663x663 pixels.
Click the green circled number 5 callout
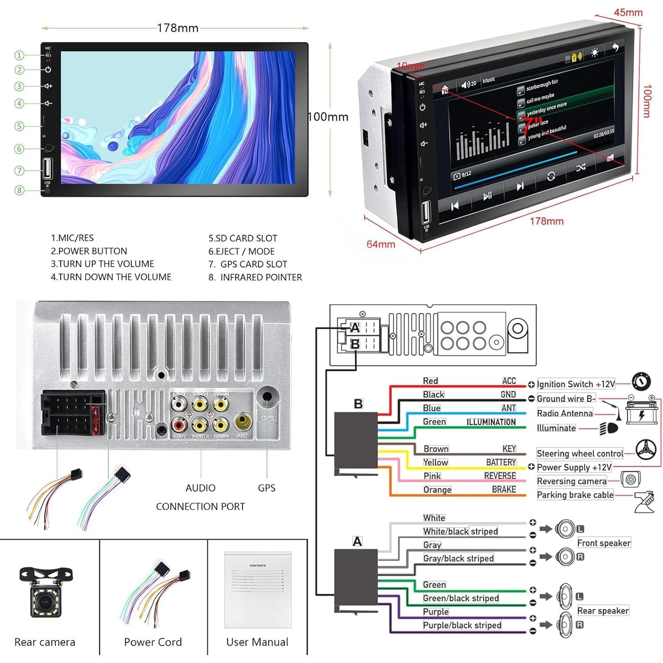19,126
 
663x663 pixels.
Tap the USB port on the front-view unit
47,169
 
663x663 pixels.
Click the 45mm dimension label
628,12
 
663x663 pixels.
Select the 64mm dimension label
381,244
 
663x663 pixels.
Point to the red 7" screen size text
532,124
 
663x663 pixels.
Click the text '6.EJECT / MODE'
241,251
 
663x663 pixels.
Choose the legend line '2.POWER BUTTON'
89,251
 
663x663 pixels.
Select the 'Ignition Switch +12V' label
575,384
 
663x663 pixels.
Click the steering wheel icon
646,450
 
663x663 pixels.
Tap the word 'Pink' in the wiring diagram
432,476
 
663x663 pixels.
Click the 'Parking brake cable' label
575,495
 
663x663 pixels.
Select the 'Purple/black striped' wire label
462,625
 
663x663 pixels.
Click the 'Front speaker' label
604,543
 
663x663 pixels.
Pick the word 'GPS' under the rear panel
267,488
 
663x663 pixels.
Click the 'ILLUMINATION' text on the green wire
491,422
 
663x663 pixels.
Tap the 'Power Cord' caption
152,642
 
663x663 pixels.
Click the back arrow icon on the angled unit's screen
615,47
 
